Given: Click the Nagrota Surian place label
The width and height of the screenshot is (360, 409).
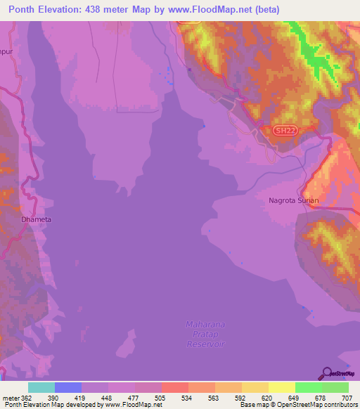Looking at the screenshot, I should point(294,200).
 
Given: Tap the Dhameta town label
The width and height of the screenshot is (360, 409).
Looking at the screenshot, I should point(37,219).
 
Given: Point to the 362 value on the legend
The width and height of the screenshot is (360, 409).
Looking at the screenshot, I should point(27,398).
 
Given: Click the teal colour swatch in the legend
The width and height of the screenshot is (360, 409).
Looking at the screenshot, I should point(41,387).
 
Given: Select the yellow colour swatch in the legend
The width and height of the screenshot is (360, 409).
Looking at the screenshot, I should point(282,387).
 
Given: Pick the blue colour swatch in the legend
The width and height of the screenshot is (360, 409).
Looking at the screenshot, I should point(68,387).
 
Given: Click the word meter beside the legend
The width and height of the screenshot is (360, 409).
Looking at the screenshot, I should point(10,398).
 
